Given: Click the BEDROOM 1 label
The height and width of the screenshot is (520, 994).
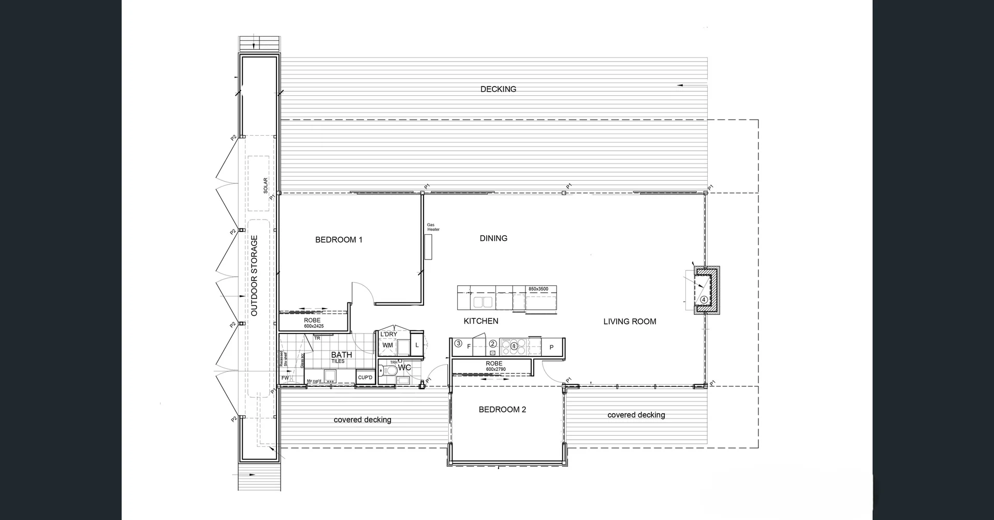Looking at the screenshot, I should (339, 240).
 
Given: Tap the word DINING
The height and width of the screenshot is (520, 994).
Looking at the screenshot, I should (493, 238).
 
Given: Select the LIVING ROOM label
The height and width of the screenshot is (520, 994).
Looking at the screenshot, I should (630, 322).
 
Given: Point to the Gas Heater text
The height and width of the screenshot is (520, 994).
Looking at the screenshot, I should (433, 227).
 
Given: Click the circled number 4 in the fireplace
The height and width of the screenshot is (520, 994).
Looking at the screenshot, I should (704, 299).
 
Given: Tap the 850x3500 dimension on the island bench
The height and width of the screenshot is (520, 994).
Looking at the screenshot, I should (538, 289).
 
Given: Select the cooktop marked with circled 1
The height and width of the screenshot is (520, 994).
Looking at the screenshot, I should (514, 345).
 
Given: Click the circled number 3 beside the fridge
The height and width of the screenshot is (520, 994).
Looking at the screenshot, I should (458, 343).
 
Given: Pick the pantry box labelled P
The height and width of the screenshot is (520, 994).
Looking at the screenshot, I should (551, 347).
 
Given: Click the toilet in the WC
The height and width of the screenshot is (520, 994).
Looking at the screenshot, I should (387, 370).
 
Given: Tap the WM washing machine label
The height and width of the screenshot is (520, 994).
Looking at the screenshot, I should (387, 345).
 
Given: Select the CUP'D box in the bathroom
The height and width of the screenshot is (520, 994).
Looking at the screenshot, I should (365, 378).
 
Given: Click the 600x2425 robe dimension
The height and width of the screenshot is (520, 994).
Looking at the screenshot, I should (314, 326).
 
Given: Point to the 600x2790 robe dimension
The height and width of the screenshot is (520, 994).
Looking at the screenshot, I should (495, 369).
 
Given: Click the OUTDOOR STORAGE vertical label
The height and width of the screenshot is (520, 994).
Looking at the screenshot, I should (254, 276).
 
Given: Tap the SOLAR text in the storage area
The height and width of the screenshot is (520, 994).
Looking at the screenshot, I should (266, 185).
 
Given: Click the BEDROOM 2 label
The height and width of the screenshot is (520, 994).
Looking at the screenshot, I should (502, 410).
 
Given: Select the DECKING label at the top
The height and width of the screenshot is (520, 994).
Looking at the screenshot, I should (498, 89).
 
